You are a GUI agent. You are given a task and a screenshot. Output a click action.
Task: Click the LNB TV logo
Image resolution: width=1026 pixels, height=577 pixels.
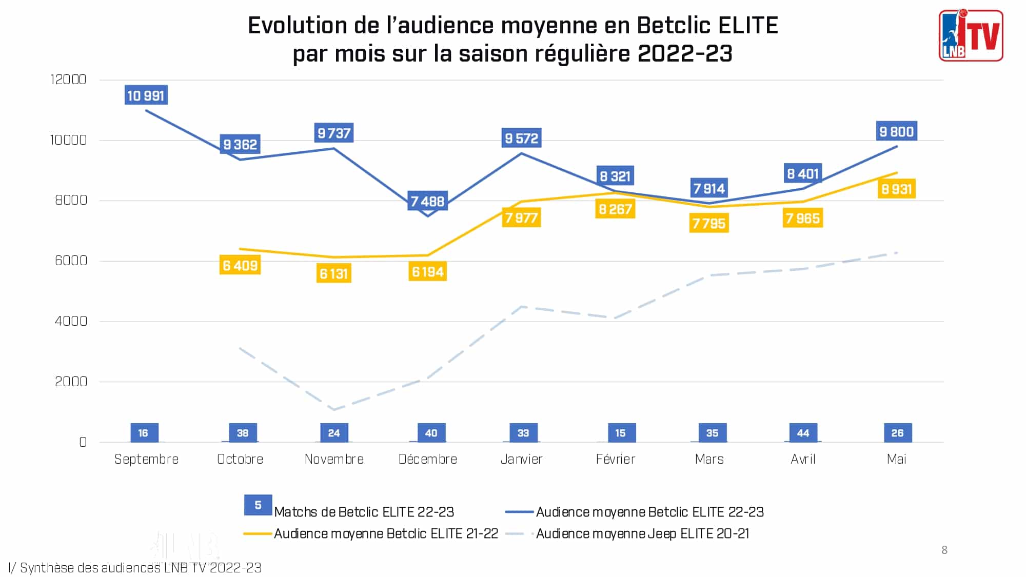[x=971, y=35]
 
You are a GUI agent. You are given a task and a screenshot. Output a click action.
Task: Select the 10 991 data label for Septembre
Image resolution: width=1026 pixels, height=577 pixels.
[x=146, y=95]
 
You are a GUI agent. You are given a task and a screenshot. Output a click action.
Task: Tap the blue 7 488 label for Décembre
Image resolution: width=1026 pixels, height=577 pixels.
[x=427, y=201]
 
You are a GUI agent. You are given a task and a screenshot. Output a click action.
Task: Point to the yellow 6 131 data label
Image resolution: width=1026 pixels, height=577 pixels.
[x=334, y=274]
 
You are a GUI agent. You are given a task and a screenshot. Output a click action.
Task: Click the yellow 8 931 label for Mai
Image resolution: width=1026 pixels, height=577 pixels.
[x=896, y=189]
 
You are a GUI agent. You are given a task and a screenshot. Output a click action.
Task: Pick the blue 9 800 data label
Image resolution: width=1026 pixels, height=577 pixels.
[x=896, y=132]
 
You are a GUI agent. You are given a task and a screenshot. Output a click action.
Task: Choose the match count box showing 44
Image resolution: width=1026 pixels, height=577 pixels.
[x=803, y=433]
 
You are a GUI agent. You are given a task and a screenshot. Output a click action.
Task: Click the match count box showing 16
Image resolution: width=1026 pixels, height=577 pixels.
[x=144, y=433]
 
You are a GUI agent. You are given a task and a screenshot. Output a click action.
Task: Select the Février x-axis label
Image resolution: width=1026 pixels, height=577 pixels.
[x=615, y=459]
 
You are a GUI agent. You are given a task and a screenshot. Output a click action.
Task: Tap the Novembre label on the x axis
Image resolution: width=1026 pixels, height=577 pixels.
[x=334, y=459]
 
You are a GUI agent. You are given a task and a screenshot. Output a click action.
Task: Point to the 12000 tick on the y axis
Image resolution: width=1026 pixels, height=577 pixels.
[x=68, y=79]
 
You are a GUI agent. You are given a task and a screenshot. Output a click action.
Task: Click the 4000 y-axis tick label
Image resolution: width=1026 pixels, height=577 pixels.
[x=71, y=321]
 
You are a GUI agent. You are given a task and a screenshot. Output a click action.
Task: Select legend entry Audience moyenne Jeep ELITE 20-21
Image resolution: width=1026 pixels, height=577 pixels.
[x=642, y=534]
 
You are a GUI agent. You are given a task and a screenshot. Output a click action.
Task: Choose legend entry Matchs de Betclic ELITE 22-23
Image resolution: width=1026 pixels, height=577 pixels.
[x=364, y=512]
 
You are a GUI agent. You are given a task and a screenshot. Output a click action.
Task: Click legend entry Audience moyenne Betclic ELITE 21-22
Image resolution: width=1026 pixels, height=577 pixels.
[x=386, y=534]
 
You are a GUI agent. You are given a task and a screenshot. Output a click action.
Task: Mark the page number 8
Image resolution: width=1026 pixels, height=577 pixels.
[x=944, y=550]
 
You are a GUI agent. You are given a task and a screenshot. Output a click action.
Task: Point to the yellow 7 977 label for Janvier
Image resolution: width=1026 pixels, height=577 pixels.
[x=521, y=218]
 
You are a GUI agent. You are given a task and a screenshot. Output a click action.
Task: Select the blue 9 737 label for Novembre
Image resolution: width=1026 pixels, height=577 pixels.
[x=334, y=133]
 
